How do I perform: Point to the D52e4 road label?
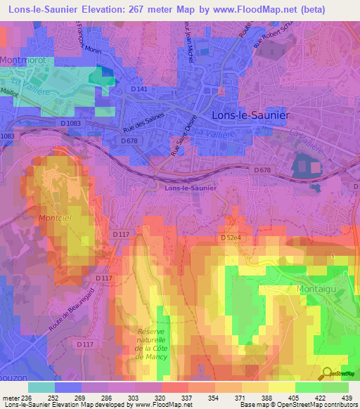click(x=232, y=238)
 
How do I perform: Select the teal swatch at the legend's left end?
click(x=41, y=387)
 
